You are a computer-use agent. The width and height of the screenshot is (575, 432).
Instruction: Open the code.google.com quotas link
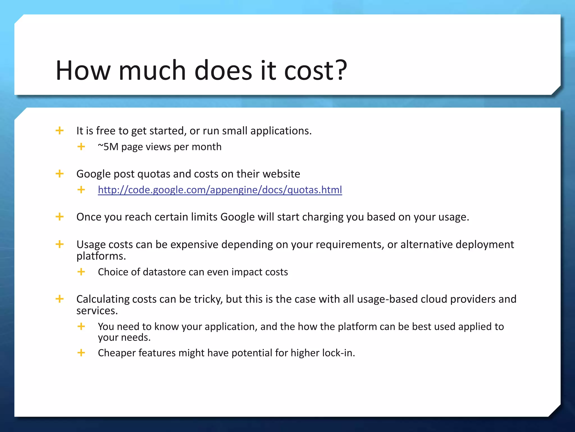coord(220,190)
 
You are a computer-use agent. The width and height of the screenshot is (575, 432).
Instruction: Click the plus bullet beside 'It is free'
coord(60,130)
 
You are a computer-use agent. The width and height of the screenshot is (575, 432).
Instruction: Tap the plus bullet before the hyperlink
coord(81,190)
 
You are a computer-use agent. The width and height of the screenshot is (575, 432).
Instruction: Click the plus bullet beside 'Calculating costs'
coord(60,299)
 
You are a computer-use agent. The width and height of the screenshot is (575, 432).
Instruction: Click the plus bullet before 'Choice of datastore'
coord(81,272)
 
